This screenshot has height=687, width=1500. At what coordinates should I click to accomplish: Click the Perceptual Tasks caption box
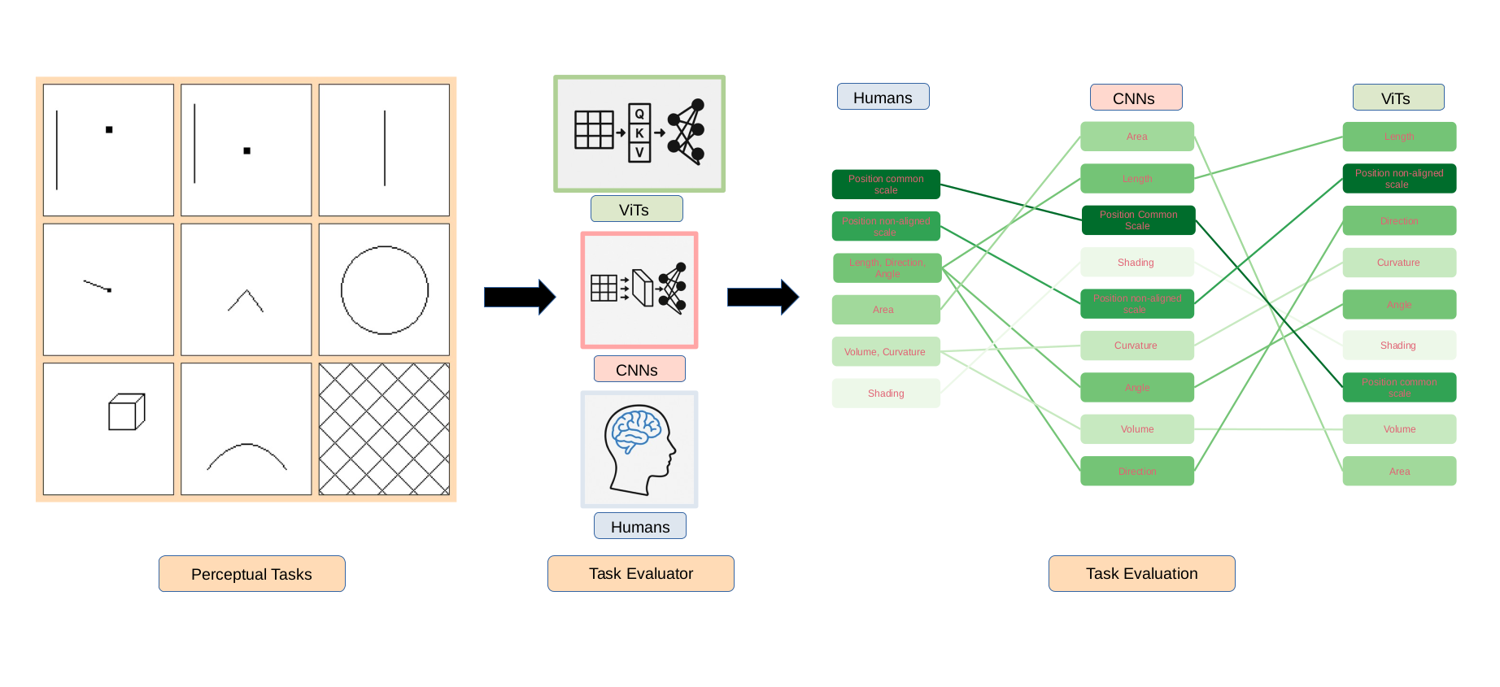point(251,574)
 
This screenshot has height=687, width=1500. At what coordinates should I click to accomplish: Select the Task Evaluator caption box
point(640,574)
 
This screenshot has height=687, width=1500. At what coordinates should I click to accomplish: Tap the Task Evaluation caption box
point(1141,574)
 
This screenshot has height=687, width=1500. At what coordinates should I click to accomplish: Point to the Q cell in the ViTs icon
point(639,114)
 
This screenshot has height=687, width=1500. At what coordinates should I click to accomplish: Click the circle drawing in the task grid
point(385,290)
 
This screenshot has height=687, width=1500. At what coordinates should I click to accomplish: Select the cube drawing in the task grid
point(126,412)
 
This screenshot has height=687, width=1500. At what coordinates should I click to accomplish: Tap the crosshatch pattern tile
point(384,429)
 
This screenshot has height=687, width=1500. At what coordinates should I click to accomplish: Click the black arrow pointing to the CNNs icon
point(519,297)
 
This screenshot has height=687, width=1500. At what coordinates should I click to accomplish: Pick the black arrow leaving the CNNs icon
point(762,297)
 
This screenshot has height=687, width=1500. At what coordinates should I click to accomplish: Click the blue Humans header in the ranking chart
point(883,98)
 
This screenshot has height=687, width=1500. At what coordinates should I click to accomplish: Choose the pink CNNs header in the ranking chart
point(1136,98)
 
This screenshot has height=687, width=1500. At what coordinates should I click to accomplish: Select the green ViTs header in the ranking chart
point(1398,98)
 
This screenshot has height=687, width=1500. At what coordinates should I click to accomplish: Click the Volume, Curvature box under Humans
point(885,352)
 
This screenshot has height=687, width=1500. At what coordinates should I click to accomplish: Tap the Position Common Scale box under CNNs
point(1137,220)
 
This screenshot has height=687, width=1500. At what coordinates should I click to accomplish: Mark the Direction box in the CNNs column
point(1137,472)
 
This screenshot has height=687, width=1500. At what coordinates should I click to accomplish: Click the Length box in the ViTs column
point(1399,137)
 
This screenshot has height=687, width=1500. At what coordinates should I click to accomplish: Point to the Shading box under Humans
point(885,394)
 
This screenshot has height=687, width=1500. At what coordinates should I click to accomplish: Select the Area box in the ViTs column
point(1399,472)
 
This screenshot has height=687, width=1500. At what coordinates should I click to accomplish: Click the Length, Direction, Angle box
point(887,268)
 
